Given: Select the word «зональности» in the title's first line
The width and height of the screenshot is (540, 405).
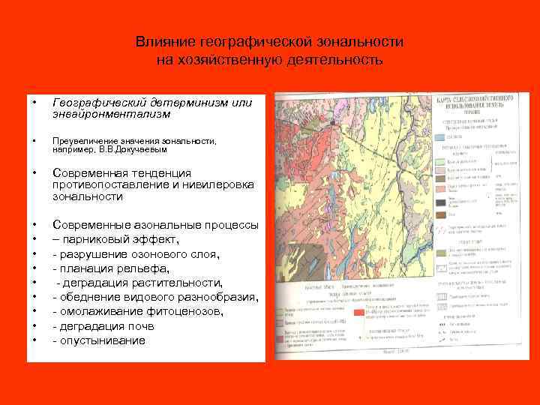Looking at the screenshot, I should point(359,42).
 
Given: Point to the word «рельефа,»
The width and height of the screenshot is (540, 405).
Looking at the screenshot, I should point(142,268).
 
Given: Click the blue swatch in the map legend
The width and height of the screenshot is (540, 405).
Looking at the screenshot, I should point(439,137).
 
